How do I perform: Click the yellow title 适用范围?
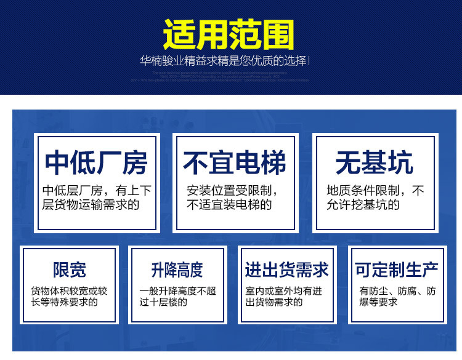(229, 34)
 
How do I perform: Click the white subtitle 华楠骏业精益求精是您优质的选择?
(225, 62)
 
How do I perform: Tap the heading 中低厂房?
(97, 163)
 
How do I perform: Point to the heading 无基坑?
(374, 163)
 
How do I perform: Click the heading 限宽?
(69, 270)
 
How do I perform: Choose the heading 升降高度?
(177, 270)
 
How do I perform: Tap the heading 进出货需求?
(286, 270)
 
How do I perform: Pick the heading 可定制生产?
(396, 270)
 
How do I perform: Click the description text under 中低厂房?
(97, 198)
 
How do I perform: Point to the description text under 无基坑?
(375, 198)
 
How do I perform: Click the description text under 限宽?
(69, 296)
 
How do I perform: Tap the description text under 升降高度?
(177, 296)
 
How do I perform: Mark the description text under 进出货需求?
(283, 296)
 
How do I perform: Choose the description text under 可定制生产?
(397, 296)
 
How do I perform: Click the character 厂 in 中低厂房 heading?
(110, 163)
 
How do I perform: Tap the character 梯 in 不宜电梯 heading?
(273, 163)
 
